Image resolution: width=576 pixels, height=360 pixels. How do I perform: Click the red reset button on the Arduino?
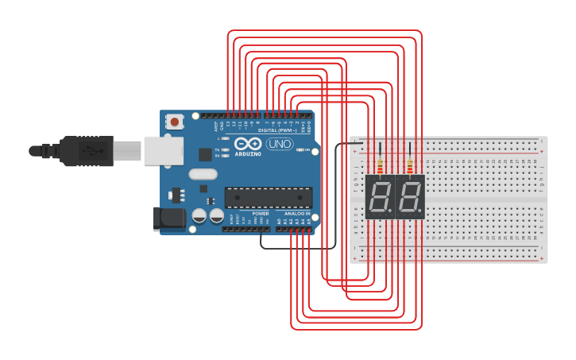173,122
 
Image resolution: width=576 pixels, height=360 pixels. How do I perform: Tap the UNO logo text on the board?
279,144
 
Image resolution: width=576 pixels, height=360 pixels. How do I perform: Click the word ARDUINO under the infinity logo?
248,153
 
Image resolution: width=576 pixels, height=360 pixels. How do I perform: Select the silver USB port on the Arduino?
163,150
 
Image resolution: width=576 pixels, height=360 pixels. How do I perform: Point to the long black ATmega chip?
268,197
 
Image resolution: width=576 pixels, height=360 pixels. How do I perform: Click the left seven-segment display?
380,196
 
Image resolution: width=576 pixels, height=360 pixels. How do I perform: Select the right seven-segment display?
410,196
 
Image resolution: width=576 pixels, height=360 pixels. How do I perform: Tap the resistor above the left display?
381,167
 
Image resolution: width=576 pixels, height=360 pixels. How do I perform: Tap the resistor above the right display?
410,167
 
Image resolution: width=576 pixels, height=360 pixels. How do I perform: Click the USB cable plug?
87,150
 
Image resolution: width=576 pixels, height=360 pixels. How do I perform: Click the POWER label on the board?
261,214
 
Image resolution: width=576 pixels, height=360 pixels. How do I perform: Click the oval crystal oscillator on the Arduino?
203,173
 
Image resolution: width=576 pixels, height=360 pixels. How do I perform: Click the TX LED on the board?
226,149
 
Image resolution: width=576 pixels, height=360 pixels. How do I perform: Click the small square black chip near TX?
205,154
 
